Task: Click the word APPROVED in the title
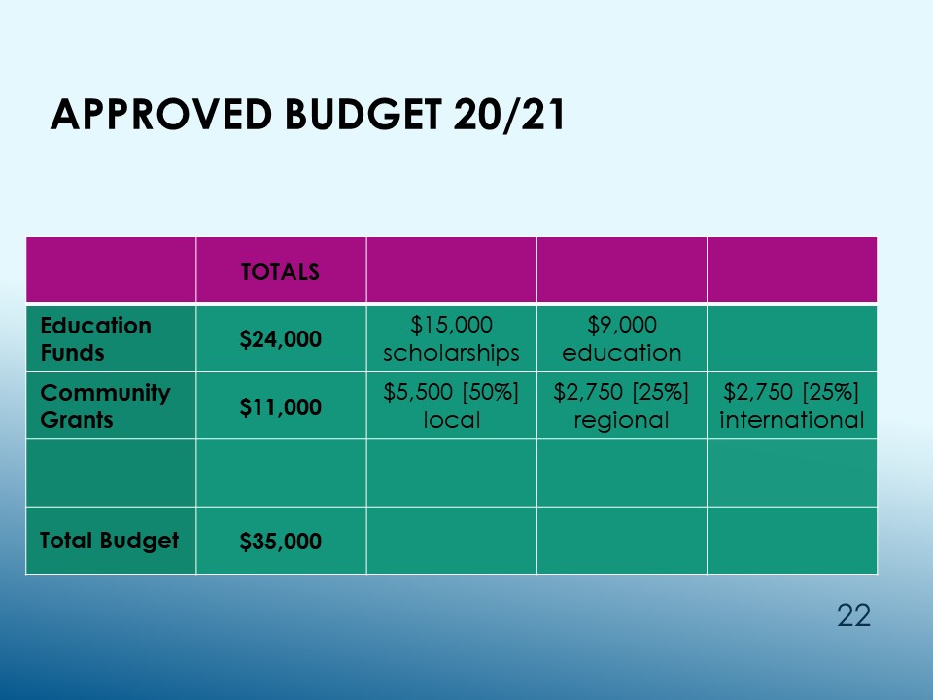(161, 114)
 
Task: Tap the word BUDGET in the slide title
(363, 114)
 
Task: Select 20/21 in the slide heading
(508, 115)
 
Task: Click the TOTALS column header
(280, 272)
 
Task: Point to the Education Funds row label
(96, 338)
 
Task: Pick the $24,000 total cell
(280, 339)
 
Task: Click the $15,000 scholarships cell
(451, 338)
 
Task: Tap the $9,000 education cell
(622, 338)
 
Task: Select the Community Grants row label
(105, 406)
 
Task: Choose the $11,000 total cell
(280, 407)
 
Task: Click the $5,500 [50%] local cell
(451, 406)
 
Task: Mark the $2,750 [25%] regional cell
(621, 406)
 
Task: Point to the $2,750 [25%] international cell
(791, 406)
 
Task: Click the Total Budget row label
(110, 541)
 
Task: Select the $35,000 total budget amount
(280, 542)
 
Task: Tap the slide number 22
(854, 615)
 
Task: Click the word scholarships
(451, 353)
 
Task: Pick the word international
(791, 420)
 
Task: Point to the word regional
(621, 421)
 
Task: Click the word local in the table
(452, 420)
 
